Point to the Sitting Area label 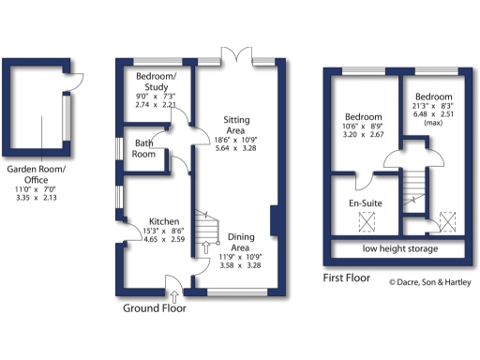(x=230, y=126)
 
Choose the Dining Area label (x=234, y=243)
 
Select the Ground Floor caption (x=155, y=307)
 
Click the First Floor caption (x=346, y=278)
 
